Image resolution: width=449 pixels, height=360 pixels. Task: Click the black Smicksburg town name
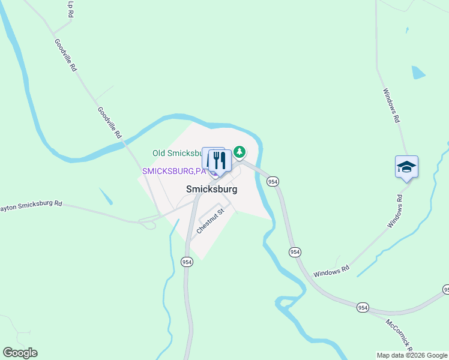click(211, 189)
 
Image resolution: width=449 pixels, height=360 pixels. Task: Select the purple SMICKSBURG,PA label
click(173, 171)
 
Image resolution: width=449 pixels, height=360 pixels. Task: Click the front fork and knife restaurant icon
click(220, 161)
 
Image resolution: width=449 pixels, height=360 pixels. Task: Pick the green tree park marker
click(240, 151)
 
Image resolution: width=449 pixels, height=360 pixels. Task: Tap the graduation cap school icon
click(406, 167)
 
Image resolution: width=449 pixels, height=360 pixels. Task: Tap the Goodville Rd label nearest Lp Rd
click(66, 55)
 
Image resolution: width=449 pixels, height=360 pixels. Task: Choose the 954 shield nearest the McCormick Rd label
click(362, 307)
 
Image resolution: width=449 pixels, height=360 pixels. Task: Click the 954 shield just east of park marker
click(273, 181)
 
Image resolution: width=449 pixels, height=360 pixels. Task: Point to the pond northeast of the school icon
click(418, 73)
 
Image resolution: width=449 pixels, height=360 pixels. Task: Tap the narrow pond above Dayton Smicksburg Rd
click(105, 196)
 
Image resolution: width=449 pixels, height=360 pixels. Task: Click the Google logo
click(20, 353)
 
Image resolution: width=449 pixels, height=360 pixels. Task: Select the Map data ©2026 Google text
click(412, 355)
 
